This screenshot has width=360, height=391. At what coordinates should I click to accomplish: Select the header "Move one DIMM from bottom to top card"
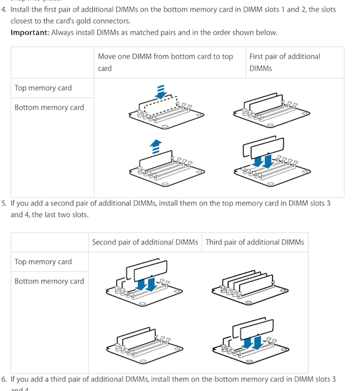(x=166, y=62)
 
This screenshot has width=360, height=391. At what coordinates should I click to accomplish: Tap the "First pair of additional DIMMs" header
(x=284, y=62)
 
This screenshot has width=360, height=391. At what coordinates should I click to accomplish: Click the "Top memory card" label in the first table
(x=43, y=88)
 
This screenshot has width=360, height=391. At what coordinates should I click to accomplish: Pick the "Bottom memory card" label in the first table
(x=49, y=107)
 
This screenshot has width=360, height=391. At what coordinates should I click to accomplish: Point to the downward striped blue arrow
(x=160, y=92)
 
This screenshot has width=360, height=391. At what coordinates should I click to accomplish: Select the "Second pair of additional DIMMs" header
(x=145, y=242)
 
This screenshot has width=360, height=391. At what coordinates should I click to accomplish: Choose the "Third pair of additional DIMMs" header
(x=254, y=242)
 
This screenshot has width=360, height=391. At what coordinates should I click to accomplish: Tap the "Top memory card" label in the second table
(x=43, y=261)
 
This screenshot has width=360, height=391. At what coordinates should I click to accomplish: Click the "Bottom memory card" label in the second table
(x=49, y=281)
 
